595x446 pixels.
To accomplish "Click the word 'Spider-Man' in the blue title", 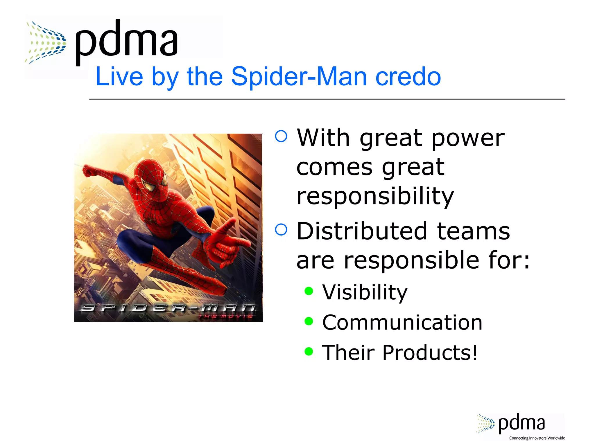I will click(299, 77).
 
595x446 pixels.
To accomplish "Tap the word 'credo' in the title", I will click(408, 77).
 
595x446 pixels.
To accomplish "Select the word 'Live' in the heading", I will click(119, 77).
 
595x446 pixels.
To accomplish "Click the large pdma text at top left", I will click(126, 41).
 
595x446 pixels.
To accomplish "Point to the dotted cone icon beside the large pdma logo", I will click(46, 42).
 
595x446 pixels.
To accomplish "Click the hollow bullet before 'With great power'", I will click(281, 136).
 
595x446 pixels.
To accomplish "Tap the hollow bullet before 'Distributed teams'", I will click(281, 229).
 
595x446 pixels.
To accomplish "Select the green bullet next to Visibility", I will click(309, 291).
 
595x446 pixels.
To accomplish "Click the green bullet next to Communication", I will click(309, 321).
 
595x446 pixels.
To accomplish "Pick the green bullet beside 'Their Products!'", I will click(309, 352).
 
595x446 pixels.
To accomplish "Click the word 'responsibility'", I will click(375, 196).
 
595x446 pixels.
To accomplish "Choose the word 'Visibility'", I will click(365, 292).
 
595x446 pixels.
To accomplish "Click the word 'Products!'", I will click(430, 353).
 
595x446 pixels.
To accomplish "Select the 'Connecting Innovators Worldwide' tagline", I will click(537, 438).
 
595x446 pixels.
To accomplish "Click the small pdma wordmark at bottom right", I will click(521, 423).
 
